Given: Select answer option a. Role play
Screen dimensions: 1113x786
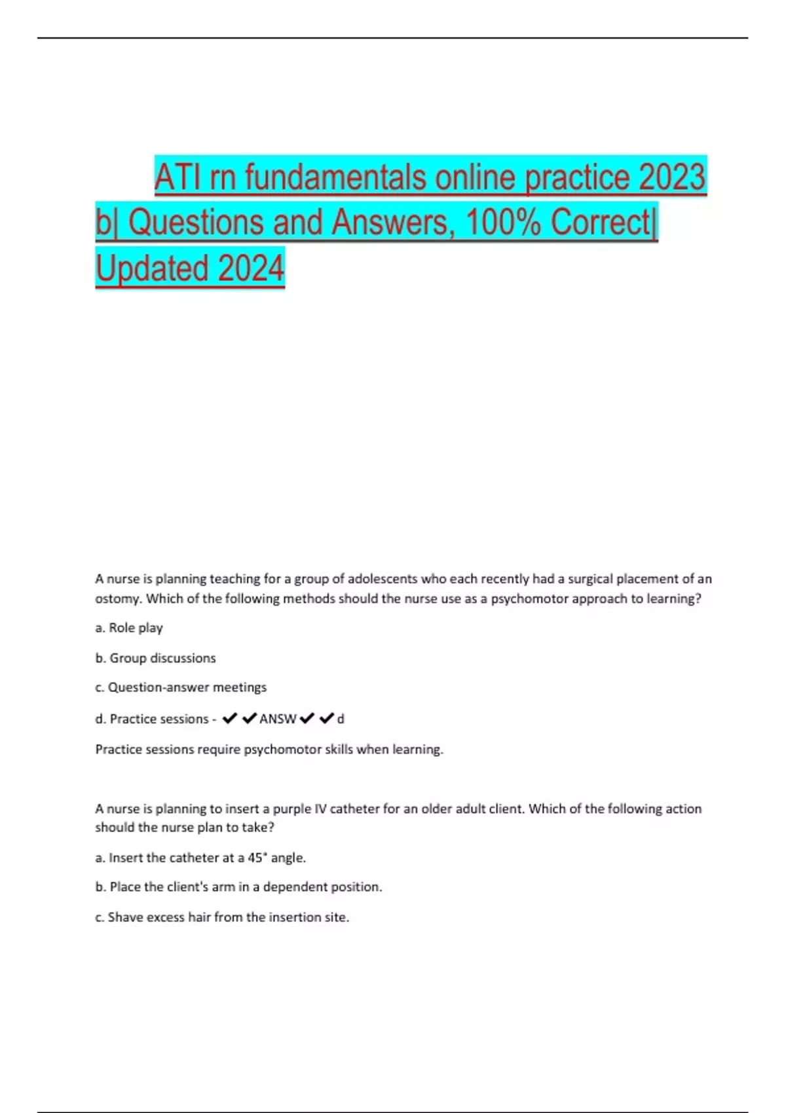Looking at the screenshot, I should point(129,628).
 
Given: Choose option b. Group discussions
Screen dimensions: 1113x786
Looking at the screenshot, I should point(155,658).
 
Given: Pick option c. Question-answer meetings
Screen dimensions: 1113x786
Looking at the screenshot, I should point(181,687).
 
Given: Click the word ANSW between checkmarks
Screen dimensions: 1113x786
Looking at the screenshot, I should point(278,719).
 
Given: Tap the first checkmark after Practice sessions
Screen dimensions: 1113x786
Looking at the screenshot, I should point(229,719).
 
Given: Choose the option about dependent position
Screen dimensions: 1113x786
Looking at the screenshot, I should point(238,887).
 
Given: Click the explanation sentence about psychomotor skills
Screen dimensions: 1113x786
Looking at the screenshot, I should point(269,750).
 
